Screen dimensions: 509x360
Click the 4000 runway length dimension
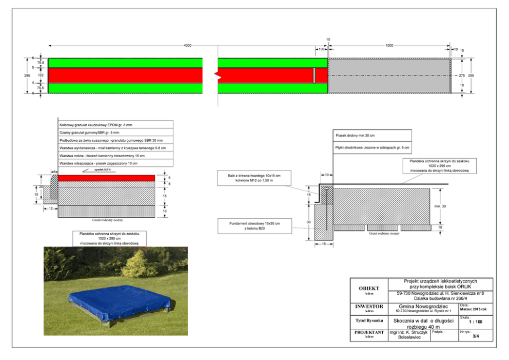click(188, 46)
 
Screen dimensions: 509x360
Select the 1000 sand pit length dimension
click(389, 46)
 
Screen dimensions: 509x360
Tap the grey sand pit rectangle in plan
click(389, 75)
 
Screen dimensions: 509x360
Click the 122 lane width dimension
click(41, 75)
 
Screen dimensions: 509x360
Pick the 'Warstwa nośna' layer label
click(102, 155)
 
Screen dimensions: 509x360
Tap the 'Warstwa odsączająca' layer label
click(98, 163)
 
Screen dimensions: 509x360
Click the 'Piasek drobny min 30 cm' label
click(355, 136)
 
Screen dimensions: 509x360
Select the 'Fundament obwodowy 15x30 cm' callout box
click(254, 226)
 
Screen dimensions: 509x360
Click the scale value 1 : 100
click(476, 323)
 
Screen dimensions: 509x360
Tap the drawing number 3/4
click(476, 336)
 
